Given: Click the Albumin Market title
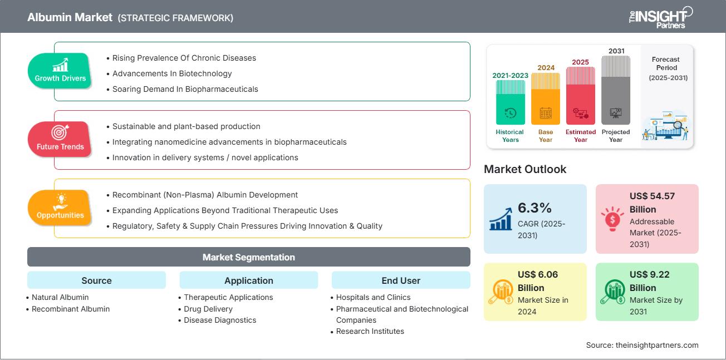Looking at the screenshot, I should point(69,17).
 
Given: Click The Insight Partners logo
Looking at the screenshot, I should point(660,17).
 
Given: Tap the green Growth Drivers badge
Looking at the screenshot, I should point(60,71).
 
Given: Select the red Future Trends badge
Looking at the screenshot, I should point(60,139).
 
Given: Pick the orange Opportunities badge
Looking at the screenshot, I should point(60,208).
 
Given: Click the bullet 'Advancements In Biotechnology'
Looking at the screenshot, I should point(172,73).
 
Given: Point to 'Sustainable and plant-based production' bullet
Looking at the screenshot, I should point(186,126).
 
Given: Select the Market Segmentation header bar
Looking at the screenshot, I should point(248,257).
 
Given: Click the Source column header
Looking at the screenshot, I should point(96,280).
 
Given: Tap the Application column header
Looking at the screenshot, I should point(248,280).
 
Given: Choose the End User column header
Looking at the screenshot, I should point(401,280).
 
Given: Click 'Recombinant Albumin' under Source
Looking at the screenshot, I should point(71,309).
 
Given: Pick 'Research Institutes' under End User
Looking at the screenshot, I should point(370,331).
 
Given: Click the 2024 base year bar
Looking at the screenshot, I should point(546,98).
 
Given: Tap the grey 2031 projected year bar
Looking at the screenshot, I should point(616,90).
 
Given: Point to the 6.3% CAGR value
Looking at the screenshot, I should point(534,208).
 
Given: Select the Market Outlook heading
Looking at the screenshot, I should point(525,169).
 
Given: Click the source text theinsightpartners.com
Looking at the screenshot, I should point(642,345).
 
